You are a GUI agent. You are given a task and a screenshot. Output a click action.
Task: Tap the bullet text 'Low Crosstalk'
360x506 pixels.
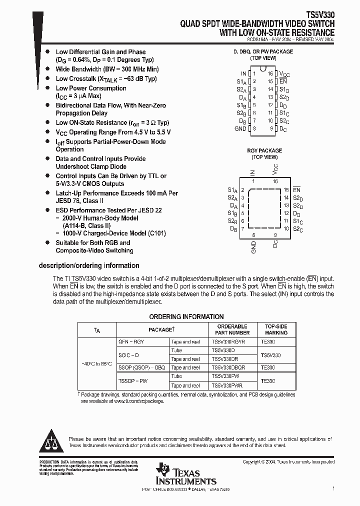[x=76, y=79]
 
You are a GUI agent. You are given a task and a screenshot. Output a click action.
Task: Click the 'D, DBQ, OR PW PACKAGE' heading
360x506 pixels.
[x=263, y=52]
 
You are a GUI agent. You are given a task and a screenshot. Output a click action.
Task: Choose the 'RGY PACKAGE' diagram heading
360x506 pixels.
[x=264, y=150]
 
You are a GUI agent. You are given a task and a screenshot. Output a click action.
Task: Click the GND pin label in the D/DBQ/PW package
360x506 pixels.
[x=240, y=129]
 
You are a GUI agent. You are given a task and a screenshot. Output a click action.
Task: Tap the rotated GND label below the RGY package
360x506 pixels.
[x=253, y=247]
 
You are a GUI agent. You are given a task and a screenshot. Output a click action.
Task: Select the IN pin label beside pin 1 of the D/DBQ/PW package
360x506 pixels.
[x=243, y=73]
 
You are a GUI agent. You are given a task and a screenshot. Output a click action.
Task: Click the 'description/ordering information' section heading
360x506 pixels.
[x=89, y=266]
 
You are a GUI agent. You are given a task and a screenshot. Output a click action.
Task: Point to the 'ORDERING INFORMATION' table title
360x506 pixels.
[x=186, y=316]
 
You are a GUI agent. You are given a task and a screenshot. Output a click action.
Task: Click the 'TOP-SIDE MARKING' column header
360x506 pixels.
[x=276, y=329]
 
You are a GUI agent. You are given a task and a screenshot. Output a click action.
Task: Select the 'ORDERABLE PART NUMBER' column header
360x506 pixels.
[x=232, y=329]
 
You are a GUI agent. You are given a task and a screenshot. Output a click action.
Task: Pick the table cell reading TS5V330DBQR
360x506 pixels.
[x=228, y=367]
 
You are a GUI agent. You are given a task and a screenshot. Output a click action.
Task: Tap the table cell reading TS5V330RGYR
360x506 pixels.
[x=228, y=342]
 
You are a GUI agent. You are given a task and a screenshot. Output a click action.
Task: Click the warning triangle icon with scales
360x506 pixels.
[x=52, y=440]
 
